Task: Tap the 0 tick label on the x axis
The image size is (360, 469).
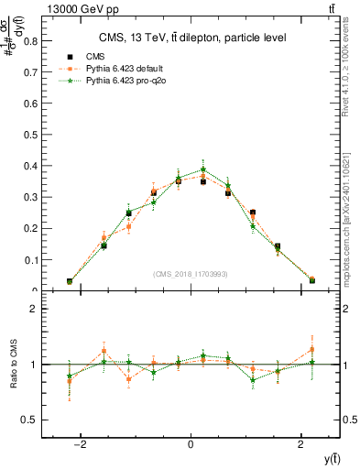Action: (x=191, y=444)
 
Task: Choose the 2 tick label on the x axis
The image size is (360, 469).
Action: (x=301, y=444)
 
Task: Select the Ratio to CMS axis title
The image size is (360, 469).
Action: (x=14, y=364)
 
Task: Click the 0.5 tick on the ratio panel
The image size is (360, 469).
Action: (x=32, y=420)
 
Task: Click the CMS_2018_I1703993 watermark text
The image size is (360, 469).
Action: (x=191, y=274)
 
